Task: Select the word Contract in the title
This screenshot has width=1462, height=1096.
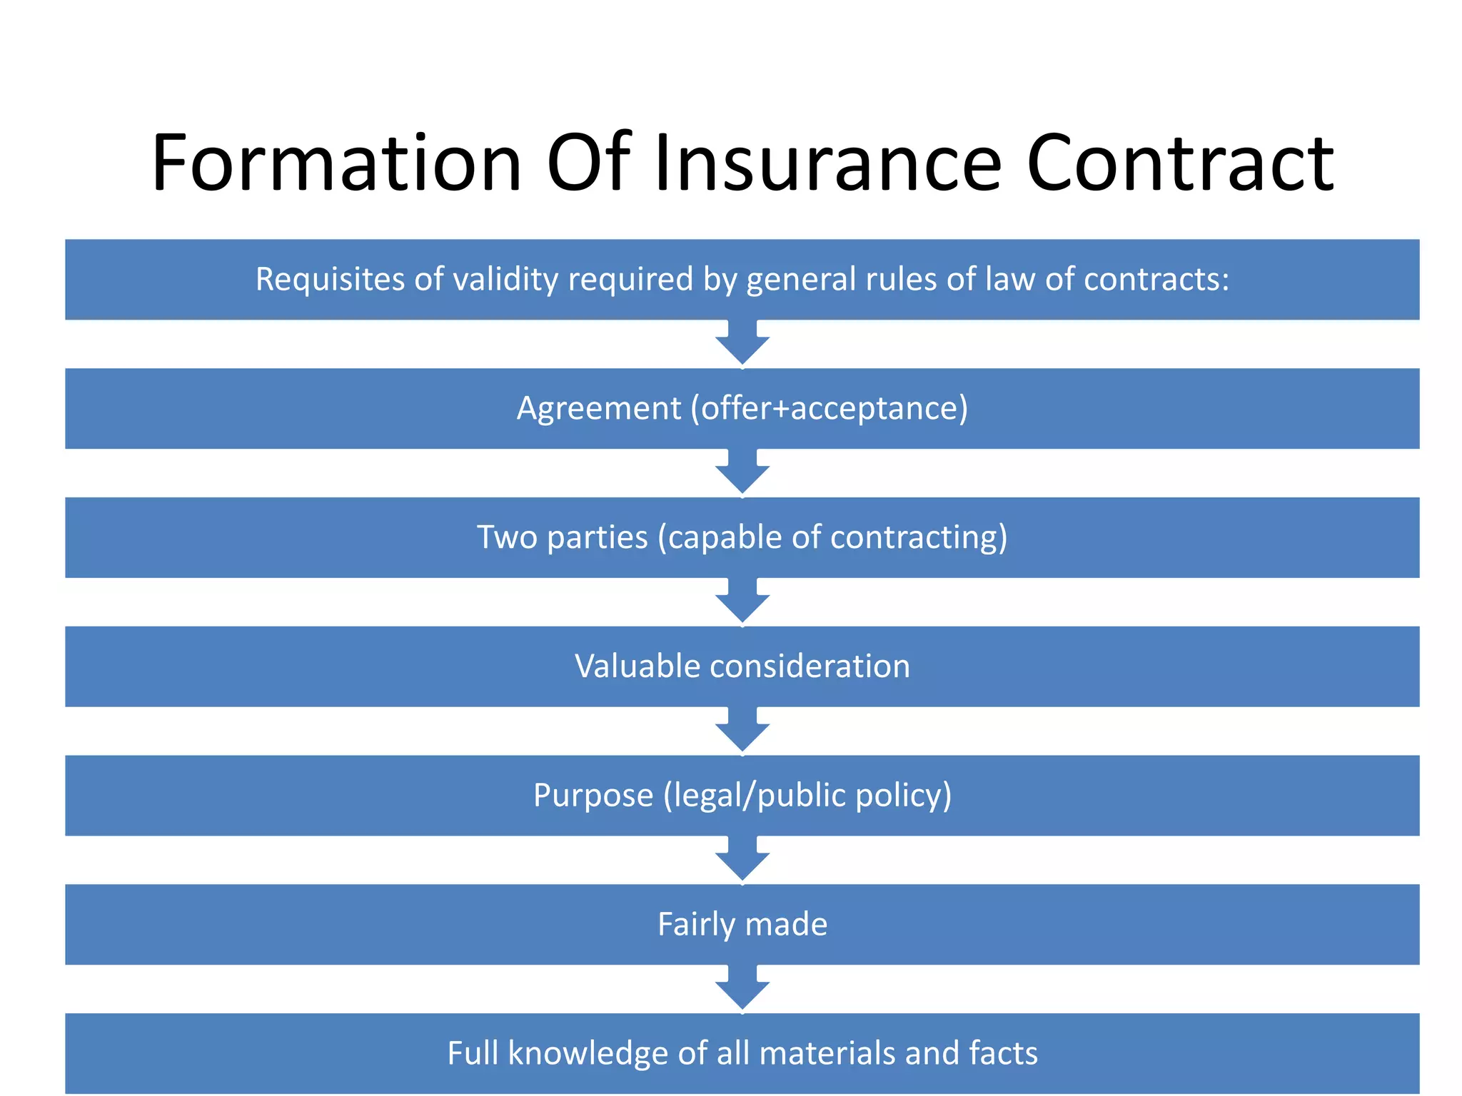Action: pos(1179,163)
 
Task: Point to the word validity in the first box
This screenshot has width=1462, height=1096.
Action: pos(505,279)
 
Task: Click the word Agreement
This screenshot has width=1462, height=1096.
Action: pos(599,409)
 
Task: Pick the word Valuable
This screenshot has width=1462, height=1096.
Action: pos(637,666)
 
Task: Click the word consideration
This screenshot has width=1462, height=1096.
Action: pos(810,666)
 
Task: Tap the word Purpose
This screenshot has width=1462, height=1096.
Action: pos(593,796)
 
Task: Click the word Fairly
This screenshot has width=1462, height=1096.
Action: pos(696,925)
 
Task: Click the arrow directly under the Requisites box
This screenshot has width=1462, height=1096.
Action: pos(742,343)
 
